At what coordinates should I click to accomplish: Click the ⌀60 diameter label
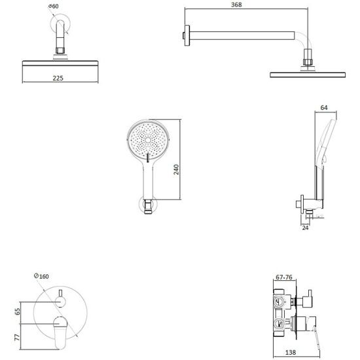(54, 6)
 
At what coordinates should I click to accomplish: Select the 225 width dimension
(58, 79)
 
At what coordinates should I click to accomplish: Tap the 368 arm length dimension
(236, 5)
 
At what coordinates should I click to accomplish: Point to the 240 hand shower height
(176, 170)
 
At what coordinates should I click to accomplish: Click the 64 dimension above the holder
(324, 107)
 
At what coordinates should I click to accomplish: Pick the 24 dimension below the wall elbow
(305, 228)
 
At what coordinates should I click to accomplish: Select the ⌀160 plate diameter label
(41, 276)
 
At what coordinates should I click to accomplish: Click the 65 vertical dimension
(18, 312)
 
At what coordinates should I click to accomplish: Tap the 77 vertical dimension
(18, 337)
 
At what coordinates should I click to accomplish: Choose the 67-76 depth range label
(284, 278)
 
